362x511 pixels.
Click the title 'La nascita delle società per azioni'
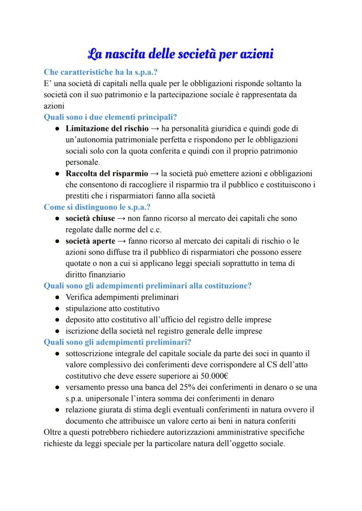click(x=181, y=55)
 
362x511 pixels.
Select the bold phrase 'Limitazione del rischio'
click(x=107, y=129)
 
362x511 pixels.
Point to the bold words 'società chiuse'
click(x=90, y=218)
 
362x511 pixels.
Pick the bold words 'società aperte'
click(x=90, y=241)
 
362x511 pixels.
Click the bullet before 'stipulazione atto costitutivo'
click(x=58, y=309)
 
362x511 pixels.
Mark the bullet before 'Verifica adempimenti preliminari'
click(x=58, y=297)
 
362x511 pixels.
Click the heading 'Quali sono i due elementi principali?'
click(x=110, y=117)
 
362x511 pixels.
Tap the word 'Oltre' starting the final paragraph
click(x=53, y=433)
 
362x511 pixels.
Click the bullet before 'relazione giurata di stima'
click(x=58, y=410)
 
